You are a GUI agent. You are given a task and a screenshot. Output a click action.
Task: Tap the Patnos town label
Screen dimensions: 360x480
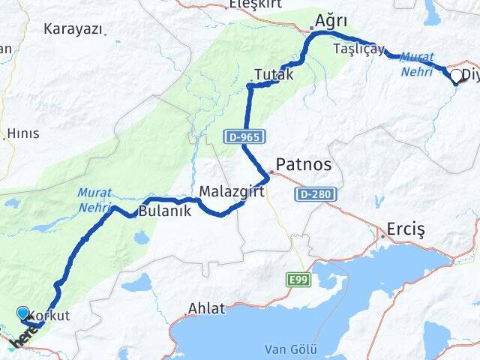coord(303,163)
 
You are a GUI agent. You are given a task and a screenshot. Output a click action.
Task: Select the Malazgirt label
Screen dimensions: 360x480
coord(229,193)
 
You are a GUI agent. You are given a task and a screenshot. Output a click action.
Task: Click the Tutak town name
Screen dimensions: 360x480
coord(273,75)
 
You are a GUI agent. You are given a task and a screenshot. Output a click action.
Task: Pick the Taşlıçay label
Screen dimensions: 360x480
coord(358,49)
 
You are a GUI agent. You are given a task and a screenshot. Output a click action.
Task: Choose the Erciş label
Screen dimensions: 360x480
coord(405,229)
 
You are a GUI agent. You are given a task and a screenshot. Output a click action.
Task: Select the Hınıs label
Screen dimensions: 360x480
coord(22,133)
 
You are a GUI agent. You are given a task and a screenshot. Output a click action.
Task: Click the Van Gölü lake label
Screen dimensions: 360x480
coord(291,349)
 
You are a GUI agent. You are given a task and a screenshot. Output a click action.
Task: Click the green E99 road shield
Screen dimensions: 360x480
coord(298,280)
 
